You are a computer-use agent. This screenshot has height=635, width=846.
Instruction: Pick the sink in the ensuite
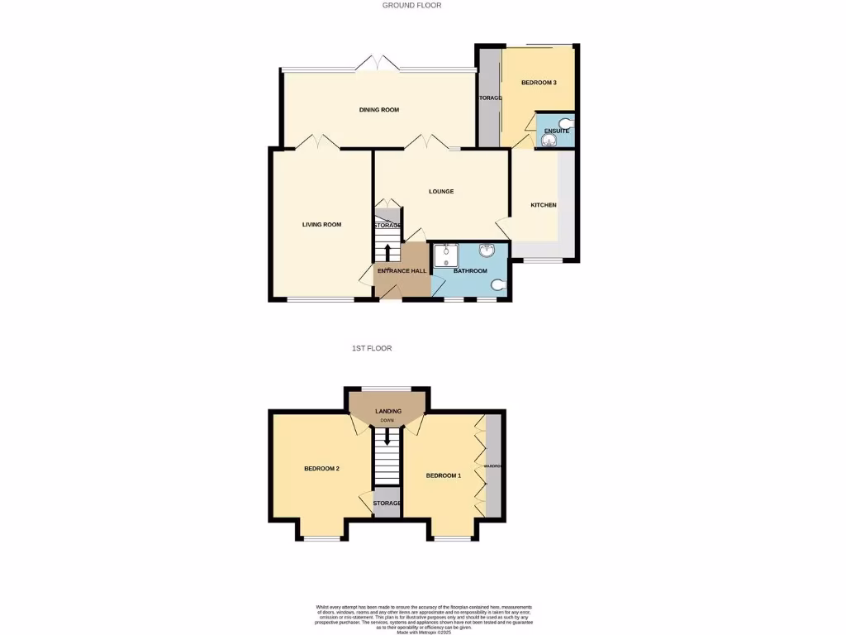pyautogui.click(x=547, y=141)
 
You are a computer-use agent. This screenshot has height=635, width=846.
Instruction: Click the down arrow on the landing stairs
pyautogui.click(x=386, y=433)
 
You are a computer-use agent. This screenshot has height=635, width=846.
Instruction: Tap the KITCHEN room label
pyautogui.click(x=543, y=205)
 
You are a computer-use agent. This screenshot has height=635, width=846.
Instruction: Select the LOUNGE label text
pyautogui.click(x=441, y=192)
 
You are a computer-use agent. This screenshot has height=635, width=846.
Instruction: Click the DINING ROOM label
pyautogui.click(x=379, y=110)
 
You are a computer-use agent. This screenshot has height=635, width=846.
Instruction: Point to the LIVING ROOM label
pyautogui.click(x=321, y=224)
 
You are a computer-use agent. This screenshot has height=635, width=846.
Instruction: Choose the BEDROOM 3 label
pyautogui.click(x=539, y=83)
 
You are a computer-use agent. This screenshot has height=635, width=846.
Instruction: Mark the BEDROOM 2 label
pyautogui.click(x=322, y=469)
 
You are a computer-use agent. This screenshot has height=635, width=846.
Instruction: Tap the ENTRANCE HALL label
pyautogui.click(x=402, y=271)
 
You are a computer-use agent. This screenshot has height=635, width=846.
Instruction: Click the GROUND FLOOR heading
pyautogui.click(x=411, y=5)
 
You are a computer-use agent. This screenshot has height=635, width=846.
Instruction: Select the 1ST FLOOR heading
pyautogui.click(x=372, y=348)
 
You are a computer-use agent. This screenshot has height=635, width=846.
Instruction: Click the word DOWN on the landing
pyautogui.click(x=387, y=421)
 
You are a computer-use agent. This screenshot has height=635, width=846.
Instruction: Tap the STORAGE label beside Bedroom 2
pyautogui.click(x=387, y=503)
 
